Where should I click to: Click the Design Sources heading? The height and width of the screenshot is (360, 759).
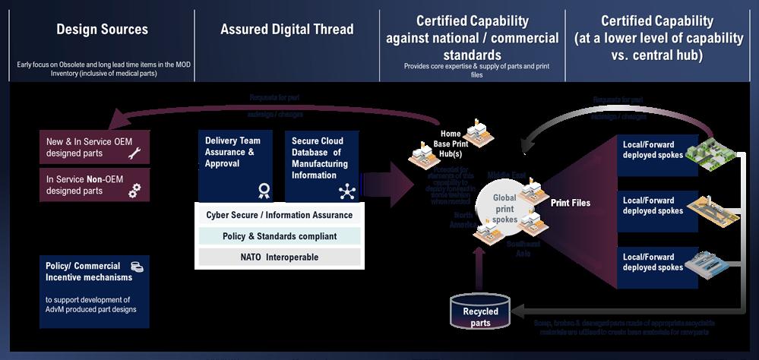pyautogui.click(x=102, y=30)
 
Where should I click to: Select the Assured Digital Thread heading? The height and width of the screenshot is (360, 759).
pyautogui.click(x=286, y=30)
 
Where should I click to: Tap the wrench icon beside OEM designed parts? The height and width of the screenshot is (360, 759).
pyautogui.click(x=134, y=154)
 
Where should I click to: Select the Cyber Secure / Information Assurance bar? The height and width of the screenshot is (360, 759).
pyautogui.click(x=279, y=215)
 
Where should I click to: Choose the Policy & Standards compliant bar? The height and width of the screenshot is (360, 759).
pyautogui.click(x=279, y=236)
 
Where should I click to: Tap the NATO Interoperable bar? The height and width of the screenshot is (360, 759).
pyautogui.click(x=279, y=257)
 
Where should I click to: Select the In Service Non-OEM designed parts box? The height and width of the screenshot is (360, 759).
pyautogui.click(x=95, y=185)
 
